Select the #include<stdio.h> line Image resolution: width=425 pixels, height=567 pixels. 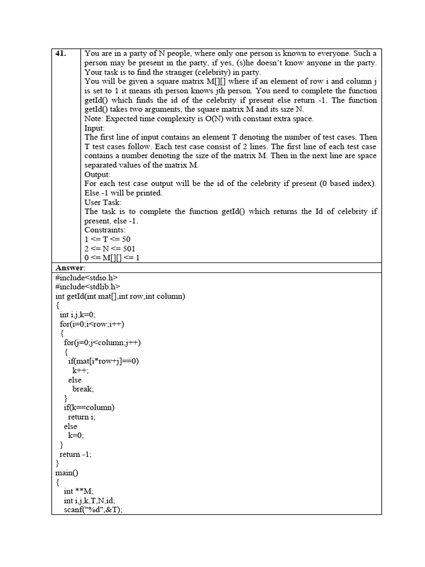click(x=86, y=277)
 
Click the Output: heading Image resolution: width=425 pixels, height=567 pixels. click(x=98, y=174)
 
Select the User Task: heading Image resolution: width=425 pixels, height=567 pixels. click(x=103, y=202)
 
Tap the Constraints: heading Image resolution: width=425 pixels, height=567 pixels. click(x=105, y=230)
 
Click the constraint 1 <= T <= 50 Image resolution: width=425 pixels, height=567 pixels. click(x=107, y=240)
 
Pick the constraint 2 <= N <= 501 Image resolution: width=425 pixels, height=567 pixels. click(x=109, y=249)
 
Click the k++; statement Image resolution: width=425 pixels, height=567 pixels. click(x=81, y=370)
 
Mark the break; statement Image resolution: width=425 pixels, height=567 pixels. click(x=83, y=389)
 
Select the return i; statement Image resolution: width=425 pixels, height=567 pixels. click(x=81, y=417)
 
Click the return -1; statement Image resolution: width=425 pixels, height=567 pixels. click(x=76, y=454)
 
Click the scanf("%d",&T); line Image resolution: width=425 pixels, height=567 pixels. click(x=93, y=510)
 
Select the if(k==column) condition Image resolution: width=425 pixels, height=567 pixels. click(x=89, y=408)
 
